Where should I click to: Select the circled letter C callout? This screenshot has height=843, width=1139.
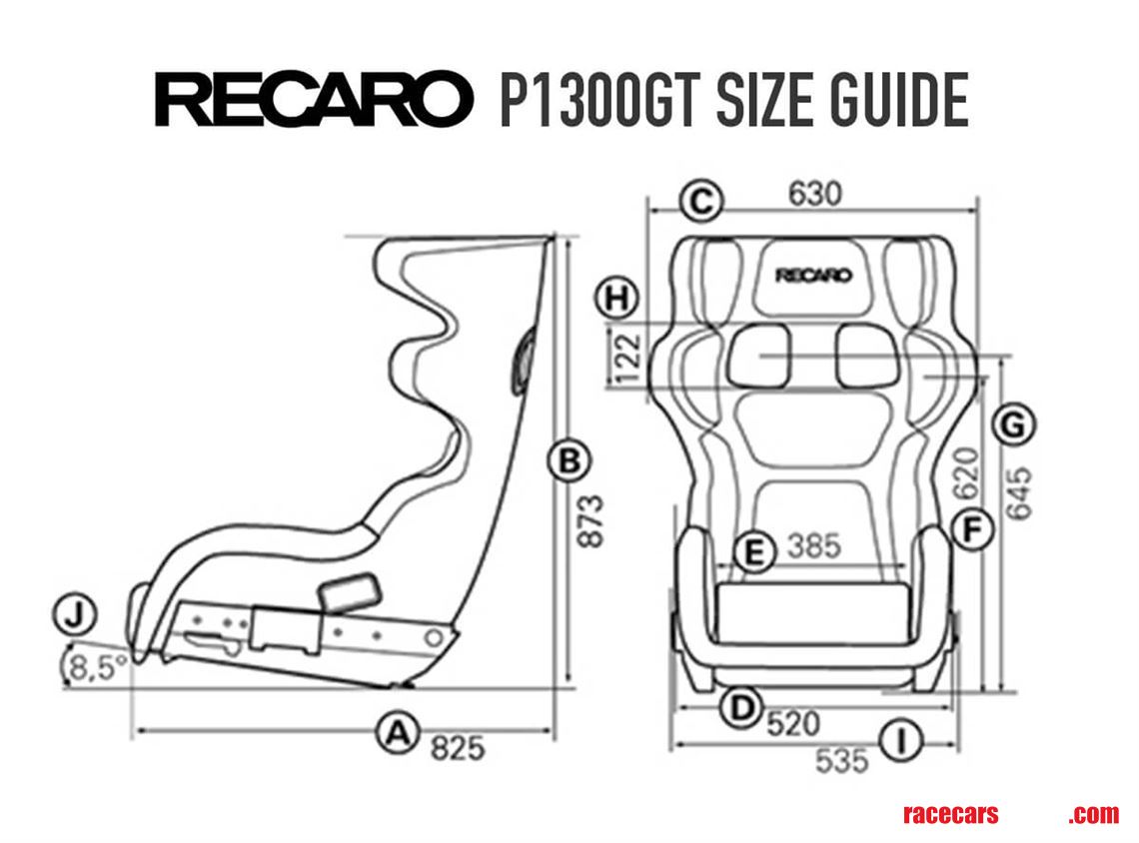[700, 201]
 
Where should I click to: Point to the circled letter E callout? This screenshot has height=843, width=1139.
[754, 550]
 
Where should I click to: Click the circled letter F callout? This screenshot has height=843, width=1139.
[970, 529]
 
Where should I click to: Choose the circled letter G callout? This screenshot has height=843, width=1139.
[1013, 426]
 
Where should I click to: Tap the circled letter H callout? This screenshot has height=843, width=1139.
[615, 297]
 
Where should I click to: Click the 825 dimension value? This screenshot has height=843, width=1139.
[457, 747]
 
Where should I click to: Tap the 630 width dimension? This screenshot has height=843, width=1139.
[814, 193]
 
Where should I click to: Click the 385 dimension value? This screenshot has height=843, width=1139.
[814, 546]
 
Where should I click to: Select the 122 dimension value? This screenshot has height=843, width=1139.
[626, 360]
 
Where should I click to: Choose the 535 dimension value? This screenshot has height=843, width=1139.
[841, 761]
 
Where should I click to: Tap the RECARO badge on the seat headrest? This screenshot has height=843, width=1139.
[814, 275]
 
